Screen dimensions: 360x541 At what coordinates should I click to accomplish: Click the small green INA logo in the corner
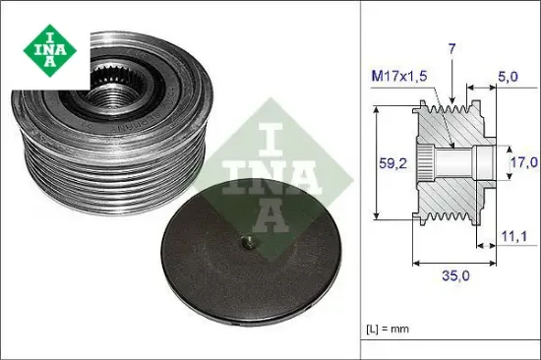(46, 46)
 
